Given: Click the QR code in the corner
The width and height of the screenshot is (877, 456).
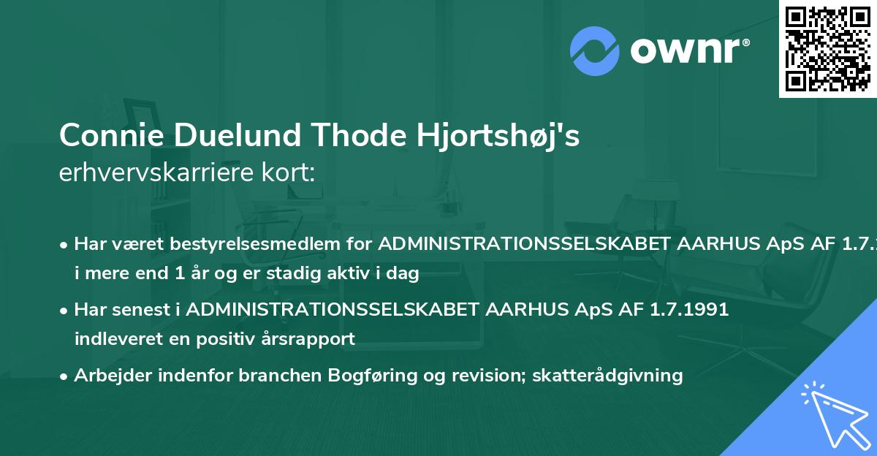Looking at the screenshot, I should [x=827, y=48].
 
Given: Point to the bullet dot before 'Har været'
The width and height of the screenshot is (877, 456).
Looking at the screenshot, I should [x=65, y=244].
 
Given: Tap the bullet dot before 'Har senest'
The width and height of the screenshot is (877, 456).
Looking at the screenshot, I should [x=65, y=310].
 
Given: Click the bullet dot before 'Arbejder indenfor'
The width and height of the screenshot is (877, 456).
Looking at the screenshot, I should [x=65, y=376].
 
